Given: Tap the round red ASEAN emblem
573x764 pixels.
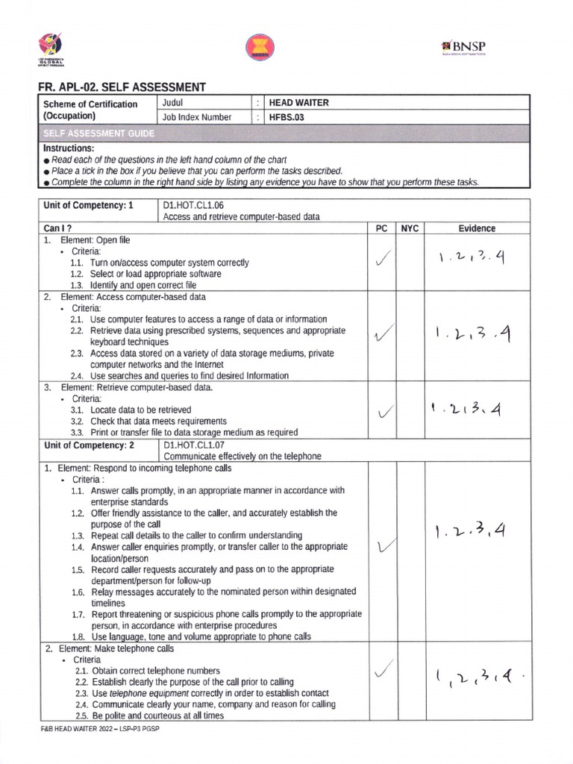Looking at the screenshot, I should [x=260, y=48].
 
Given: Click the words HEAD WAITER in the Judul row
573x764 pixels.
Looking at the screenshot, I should [x=298, y=103].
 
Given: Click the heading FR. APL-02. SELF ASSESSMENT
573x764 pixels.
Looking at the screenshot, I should [x=122, y=87].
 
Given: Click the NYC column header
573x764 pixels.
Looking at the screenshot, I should [x=410, y=228].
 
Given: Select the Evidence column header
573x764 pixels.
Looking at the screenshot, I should [x=477, y=228].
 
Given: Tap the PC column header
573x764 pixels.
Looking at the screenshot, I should [x=381, y=228].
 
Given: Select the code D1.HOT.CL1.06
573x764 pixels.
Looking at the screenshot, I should [x=192, y=204].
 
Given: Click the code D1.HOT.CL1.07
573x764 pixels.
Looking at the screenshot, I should [x=192, y=445].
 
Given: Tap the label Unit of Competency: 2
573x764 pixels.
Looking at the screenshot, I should [x=89, y=445].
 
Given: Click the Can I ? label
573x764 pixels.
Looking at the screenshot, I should [x=57, y=228].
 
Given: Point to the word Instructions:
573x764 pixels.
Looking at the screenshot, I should [x=69, y=148].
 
